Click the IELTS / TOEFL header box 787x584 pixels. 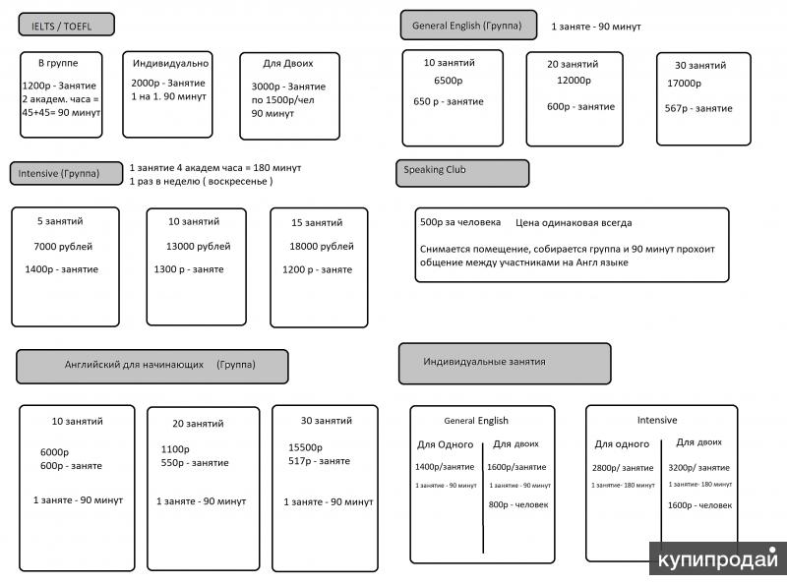coord(66,25)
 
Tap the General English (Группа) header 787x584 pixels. coord(468,26)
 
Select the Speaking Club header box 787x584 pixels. coord(462,174)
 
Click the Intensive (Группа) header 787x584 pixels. coord(66,174)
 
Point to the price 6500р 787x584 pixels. coord(449,81)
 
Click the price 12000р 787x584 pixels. coord(574,81)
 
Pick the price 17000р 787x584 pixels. coord(684,84)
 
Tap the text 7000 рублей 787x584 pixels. coord(63,247)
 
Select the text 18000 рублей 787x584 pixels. coord(322,247)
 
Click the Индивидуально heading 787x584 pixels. coord(170,63)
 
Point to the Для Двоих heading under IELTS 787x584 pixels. coord(288,64)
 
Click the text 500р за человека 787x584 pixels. coord(460,222)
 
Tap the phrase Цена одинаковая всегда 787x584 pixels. coord(574,223)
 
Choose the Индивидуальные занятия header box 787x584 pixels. coord(505,364)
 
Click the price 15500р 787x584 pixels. coord(305,447)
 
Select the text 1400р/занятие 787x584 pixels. coord(445,467)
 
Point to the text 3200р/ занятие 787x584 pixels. coord(698,468)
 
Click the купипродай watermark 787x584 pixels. coord(718,558)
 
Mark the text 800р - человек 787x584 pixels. coord(518,504)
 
